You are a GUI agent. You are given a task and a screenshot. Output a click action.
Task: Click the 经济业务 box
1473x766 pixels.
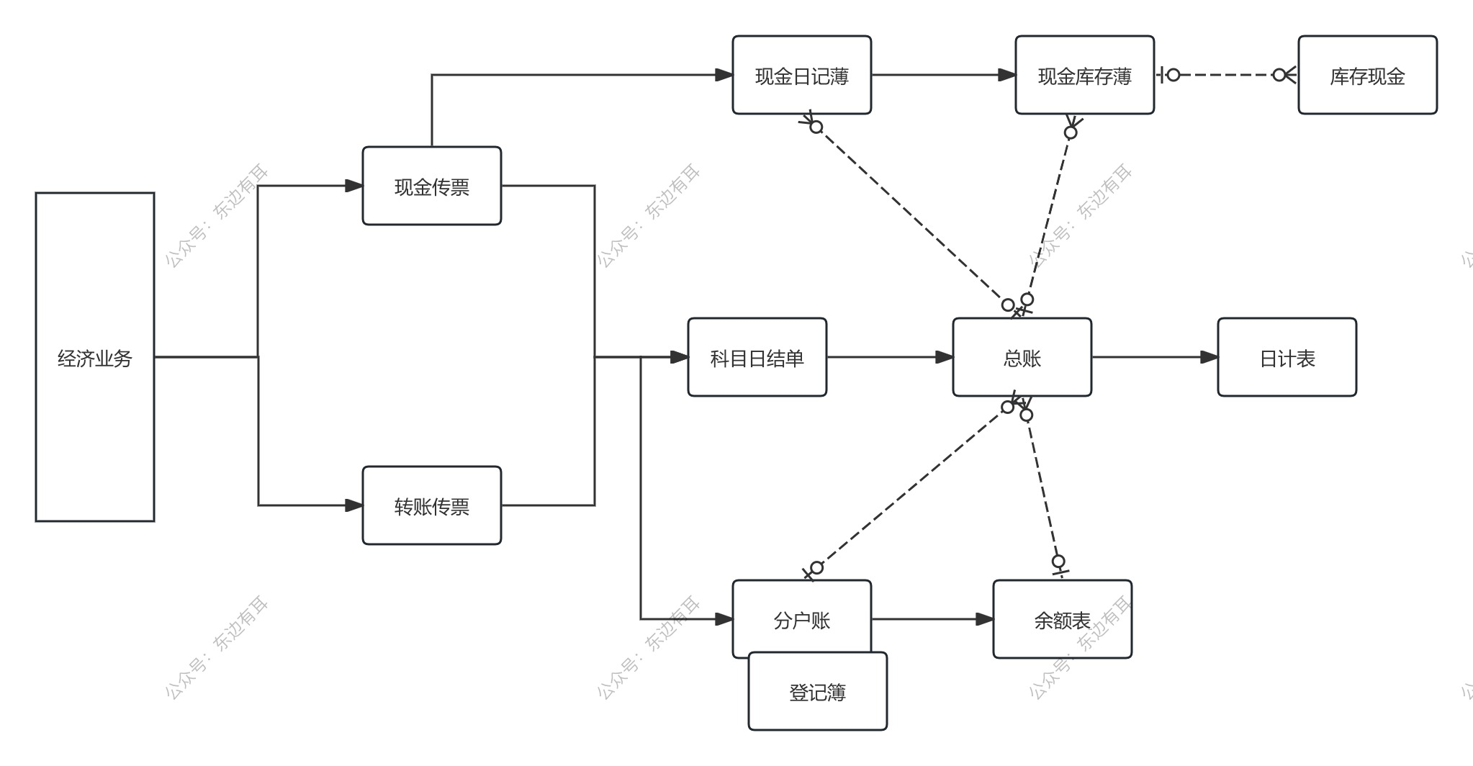[x=95, y=357]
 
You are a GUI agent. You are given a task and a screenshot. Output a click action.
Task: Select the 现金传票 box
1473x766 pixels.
[x=432, y=186]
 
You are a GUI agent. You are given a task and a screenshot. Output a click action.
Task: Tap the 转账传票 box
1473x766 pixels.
[x=432, y=505]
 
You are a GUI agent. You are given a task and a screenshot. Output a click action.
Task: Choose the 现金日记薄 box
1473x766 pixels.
[x=801, y=75]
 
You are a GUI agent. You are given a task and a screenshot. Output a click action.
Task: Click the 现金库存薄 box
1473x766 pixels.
[x=1084, y=75]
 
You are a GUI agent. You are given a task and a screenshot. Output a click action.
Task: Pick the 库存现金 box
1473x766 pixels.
[x=1367, y=75]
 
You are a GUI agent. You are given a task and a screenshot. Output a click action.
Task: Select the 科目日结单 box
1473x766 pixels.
[x=757, y=357]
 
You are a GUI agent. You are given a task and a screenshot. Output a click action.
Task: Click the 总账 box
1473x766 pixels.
[x=1022, y=357]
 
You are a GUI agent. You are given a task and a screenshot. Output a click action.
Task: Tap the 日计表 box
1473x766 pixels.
[x=1287, y=357]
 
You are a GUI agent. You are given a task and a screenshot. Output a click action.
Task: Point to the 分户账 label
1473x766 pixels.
[x=801, y=620]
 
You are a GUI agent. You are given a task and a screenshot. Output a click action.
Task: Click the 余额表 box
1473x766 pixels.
[x=1062, y=619]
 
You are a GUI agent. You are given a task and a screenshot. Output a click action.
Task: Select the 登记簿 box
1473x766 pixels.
[x=817, y=692]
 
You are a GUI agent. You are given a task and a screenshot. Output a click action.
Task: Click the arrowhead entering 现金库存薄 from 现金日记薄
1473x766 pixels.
[x=1006, y=75]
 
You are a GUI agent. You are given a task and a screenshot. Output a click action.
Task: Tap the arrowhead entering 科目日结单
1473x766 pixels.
[x=679, y=357]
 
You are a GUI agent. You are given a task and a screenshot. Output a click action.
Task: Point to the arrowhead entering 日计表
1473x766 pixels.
[x=1209, y=357]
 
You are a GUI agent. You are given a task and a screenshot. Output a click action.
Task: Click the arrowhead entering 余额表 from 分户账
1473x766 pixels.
[x=984, y=619]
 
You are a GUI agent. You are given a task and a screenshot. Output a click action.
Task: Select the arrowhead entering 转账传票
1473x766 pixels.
[x=353, y=505]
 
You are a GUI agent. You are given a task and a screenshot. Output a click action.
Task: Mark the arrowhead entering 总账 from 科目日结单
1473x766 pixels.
[x=944, y=357]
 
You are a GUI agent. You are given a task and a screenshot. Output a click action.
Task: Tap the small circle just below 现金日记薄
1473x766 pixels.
[x=816, y=127]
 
